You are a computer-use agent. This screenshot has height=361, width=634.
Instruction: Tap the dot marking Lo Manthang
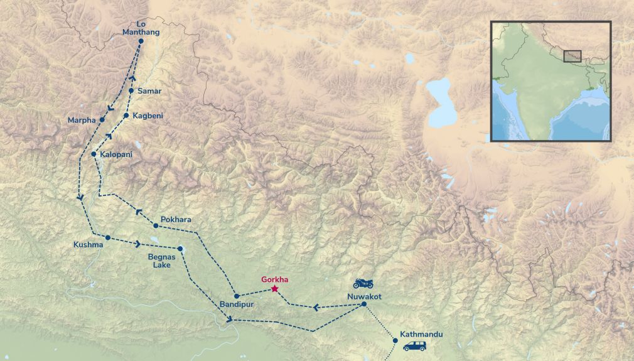click(x=141, y=41)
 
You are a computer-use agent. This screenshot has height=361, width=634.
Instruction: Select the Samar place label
click(x=149, y=91)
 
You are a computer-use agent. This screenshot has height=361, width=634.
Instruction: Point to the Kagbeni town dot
click(x=126, y=116)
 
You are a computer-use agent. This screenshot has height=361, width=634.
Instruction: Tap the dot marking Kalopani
click(x=94, y=154)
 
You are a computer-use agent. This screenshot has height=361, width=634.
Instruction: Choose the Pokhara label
click(x=176, y=220)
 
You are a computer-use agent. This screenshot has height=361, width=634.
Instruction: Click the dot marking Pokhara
click(x=156, y=226)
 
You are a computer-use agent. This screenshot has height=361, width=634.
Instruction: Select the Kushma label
click(x=88, y=244)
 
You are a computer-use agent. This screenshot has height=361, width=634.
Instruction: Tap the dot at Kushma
click(x=108, y=237)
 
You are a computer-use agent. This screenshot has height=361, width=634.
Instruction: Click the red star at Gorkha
click(x=274, y=289)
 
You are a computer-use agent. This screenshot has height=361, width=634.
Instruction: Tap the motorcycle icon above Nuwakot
click(x=363, y=284)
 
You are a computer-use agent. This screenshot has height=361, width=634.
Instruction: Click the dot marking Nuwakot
click(x=363, y=304)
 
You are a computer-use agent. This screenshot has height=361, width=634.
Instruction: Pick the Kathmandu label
click(x=421, y=334)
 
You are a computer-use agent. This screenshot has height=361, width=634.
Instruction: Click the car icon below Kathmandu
click(x=414, y=346)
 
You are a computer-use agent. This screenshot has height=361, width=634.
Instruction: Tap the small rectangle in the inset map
click(x=572, y=56)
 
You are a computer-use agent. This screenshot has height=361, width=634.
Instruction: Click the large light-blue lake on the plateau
click(x=442, y=103)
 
